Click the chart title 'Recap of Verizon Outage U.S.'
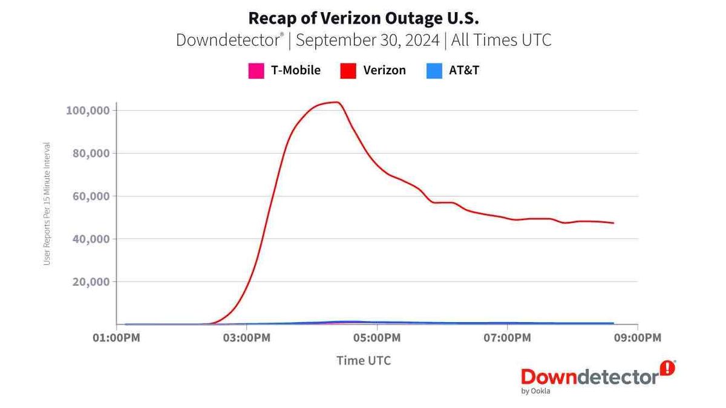tap(363, 16)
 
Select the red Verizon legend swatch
tap(348, 71)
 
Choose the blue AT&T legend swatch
tap(433, 71)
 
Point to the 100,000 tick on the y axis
tap(87, 111)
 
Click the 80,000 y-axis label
tap(90, 154)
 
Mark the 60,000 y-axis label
tap(90, 196)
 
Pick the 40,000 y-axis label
tap(90, 239)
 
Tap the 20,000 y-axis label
tap(90, 282)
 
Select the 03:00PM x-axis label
tap(246, 337)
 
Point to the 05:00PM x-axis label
tap(376, 337)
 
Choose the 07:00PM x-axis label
tap(507, 337)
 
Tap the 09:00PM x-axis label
tap(637, 337)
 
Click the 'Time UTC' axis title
tap(364, 361)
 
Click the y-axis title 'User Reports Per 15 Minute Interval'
tap(47, 204)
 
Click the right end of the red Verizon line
tap(613, 223)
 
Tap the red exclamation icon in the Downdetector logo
tap(667, 368)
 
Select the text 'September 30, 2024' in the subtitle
tap(368, 40)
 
